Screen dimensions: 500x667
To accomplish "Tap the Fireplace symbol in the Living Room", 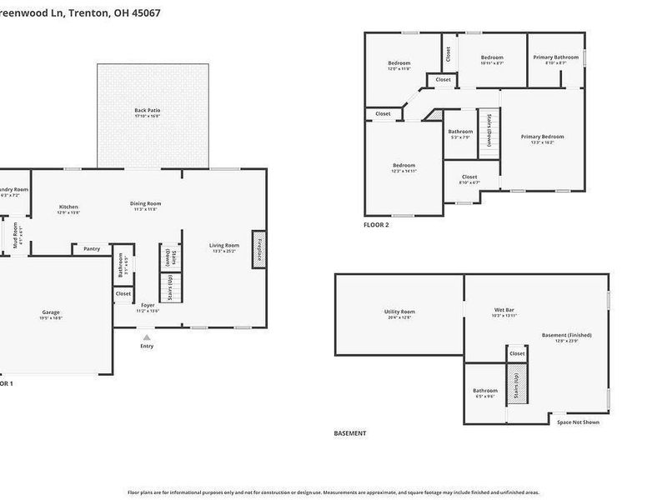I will point(259,250).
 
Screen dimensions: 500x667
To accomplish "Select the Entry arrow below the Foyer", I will point(147,337).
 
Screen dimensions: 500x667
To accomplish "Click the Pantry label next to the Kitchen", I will point(92,248).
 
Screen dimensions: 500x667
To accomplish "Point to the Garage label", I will point(51,313).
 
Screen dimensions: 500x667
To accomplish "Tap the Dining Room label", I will point(145,203).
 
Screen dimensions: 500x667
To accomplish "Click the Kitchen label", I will point(68,207).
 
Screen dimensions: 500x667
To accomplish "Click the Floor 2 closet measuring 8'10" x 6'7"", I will point(469,177).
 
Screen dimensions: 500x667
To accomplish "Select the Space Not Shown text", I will point(578,422).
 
